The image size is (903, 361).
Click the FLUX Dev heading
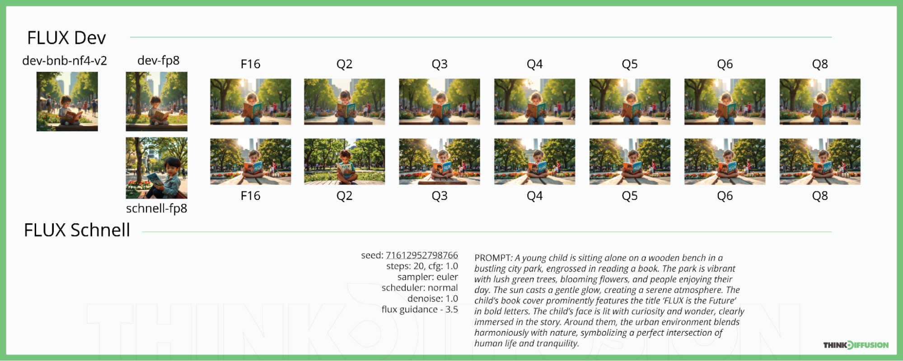coord(66,38)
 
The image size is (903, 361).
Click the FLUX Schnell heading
coord(77,230)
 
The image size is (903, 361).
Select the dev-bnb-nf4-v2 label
coord(65,60)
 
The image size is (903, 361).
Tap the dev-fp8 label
coord(158,60)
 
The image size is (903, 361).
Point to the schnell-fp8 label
coord(156,208)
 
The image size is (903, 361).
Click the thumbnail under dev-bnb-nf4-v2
coord(67,102)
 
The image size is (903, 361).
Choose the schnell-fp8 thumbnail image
coord(156,168)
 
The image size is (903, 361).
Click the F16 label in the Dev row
coord(250,64)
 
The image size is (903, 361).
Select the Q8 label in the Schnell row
coord(820,196)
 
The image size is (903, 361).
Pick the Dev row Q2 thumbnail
coord(344,102)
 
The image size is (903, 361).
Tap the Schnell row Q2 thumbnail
coord(344,162)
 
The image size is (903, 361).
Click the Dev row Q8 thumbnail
coord(820,102)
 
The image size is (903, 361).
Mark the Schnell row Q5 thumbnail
coord(630,162)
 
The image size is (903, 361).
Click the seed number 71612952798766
coord(421,255)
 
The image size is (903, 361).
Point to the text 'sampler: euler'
coord(427,277)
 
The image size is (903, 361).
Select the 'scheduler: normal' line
coord(420,287)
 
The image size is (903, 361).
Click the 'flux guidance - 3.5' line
coord(420,309)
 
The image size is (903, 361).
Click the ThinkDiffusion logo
coord(856,345)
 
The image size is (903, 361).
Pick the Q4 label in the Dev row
coord(534,64)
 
